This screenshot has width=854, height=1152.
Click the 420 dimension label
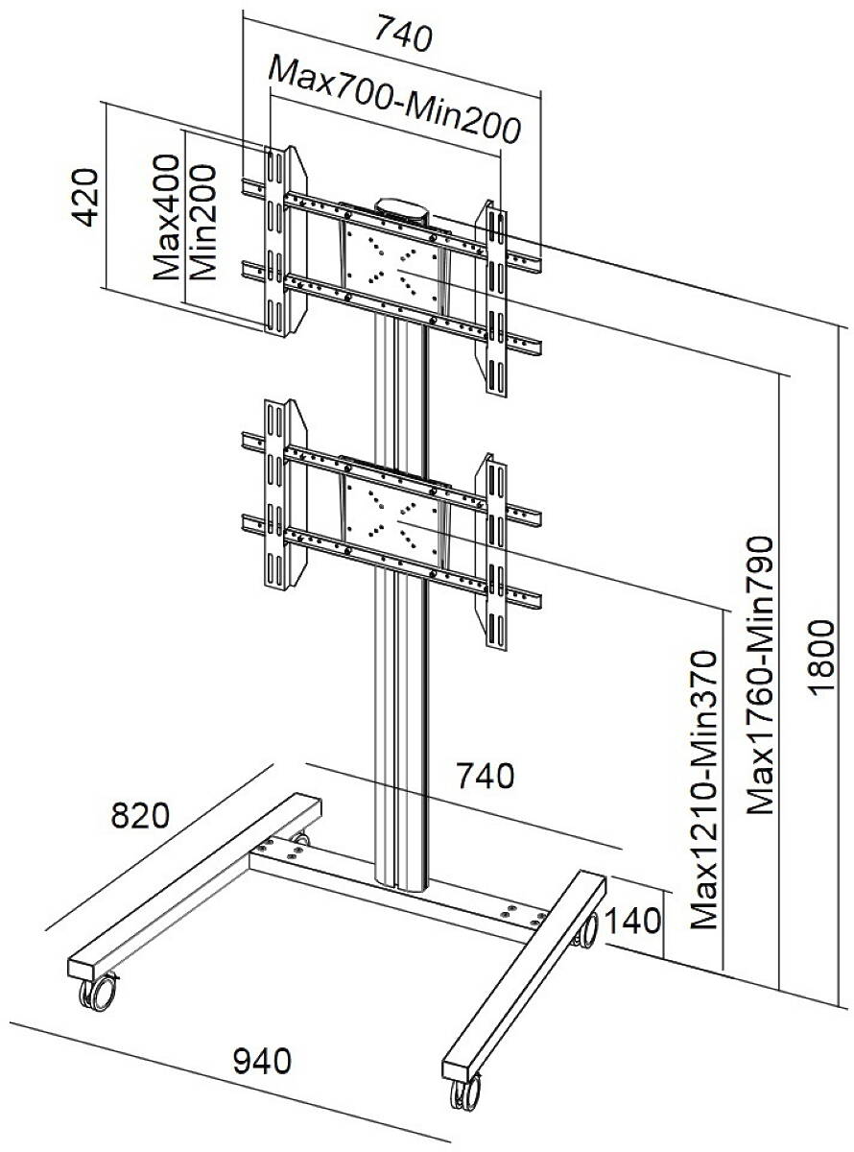click(87, 198)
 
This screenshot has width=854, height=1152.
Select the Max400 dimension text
click(168, 216)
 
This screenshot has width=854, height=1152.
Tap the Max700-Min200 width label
click(394, 99)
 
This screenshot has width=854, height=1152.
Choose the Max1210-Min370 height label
click(705, 789)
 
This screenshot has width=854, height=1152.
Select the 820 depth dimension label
click(139, 816)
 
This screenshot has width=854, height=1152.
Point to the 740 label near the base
click(484, 776)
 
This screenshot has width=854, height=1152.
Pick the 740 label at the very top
click(403, 36)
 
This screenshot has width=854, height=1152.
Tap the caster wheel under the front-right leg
click(463, 1094)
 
